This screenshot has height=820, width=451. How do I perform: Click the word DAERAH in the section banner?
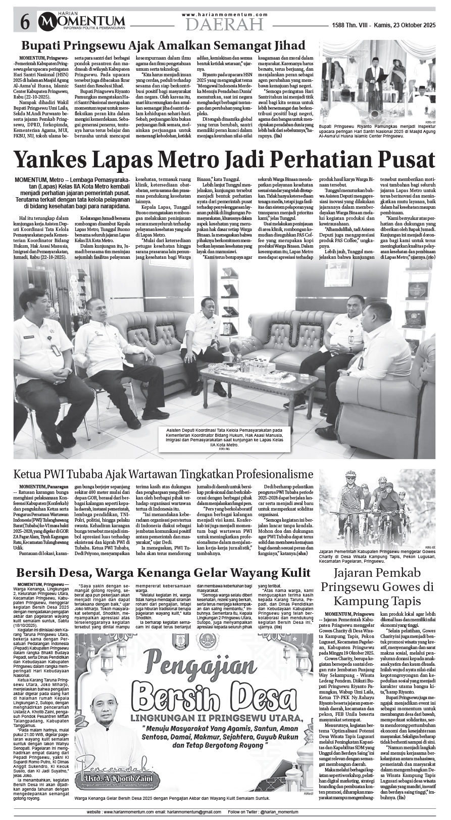[x=224, y=24]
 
